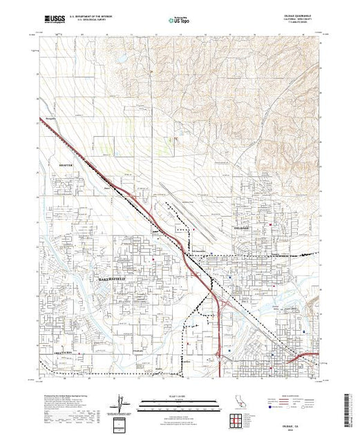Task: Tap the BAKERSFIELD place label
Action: [111, 278]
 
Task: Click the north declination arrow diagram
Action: [122, 403]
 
